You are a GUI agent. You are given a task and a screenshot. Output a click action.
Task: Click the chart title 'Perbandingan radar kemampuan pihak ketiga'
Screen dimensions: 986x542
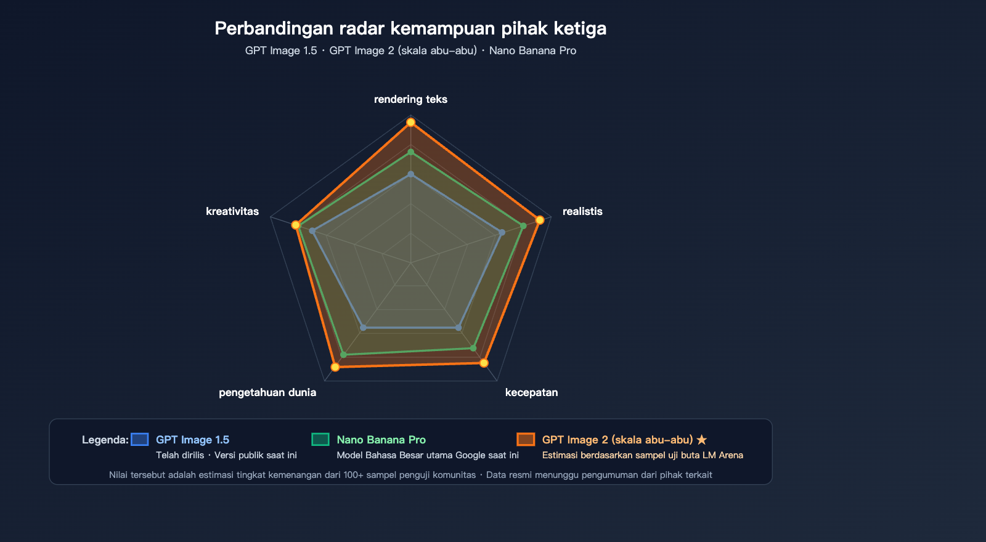410,28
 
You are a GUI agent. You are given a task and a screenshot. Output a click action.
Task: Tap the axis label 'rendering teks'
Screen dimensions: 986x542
410,99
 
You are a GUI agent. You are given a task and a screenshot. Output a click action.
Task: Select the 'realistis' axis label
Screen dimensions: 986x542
582,212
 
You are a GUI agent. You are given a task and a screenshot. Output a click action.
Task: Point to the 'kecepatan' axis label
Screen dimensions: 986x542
531,392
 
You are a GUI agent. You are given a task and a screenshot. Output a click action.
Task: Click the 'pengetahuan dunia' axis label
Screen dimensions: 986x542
267,392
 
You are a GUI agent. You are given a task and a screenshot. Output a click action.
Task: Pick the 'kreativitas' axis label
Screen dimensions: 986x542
232,212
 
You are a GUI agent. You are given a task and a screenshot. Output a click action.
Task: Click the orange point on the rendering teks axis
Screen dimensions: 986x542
410,123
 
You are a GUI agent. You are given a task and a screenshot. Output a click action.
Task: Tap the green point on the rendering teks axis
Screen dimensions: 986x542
410,152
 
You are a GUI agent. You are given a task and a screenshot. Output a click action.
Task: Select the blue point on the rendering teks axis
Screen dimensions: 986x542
410,175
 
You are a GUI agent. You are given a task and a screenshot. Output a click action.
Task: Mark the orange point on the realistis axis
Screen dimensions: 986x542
540,220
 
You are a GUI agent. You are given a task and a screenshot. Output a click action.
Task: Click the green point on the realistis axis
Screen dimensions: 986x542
523,226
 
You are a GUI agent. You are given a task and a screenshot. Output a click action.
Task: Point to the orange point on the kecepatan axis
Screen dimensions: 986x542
484,363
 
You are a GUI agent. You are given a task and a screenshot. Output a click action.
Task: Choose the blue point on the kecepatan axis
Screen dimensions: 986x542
458,328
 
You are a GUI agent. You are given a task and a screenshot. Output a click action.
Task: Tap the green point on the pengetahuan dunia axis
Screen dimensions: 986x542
344,355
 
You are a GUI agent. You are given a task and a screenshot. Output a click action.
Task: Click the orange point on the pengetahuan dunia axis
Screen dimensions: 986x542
335,367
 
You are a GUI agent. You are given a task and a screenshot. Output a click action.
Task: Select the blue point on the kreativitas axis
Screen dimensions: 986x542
312,231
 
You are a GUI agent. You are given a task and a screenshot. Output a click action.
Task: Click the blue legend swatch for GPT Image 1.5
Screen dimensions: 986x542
139,440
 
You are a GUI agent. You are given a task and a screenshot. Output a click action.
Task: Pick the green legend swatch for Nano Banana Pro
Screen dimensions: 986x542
320,440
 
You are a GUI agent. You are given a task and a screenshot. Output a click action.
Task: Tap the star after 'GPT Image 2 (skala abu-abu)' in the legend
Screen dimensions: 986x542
702,440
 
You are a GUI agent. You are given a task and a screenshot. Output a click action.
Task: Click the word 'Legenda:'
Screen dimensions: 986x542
105,440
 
